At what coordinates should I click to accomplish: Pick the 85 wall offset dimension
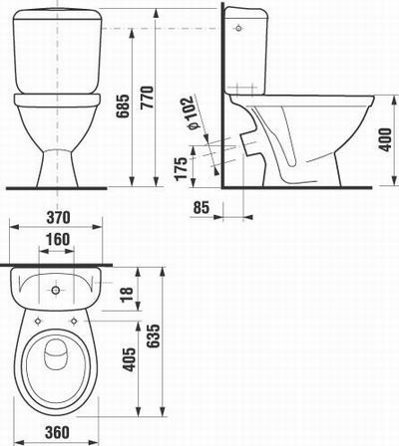(199, 208)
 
